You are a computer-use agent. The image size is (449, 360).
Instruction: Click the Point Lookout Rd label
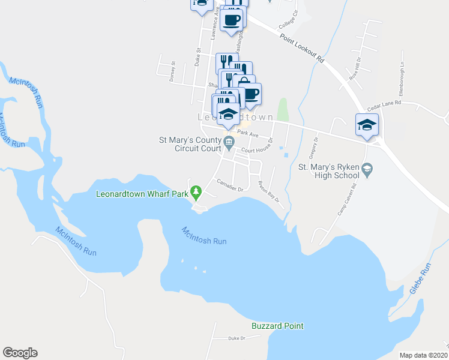point(302,48)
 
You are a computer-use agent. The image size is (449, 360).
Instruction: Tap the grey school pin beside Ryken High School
point(369,170)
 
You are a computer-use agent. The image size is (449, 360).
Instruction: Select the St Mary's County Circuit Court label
point(190,144)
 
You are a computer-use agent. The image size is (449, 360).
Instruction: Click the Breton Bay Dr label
point(269,191)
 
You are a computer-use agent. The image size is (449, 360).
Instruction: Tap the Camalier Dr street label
point(229,185)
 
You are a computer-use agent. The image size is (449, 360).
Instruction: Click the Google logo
point(20,353)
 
